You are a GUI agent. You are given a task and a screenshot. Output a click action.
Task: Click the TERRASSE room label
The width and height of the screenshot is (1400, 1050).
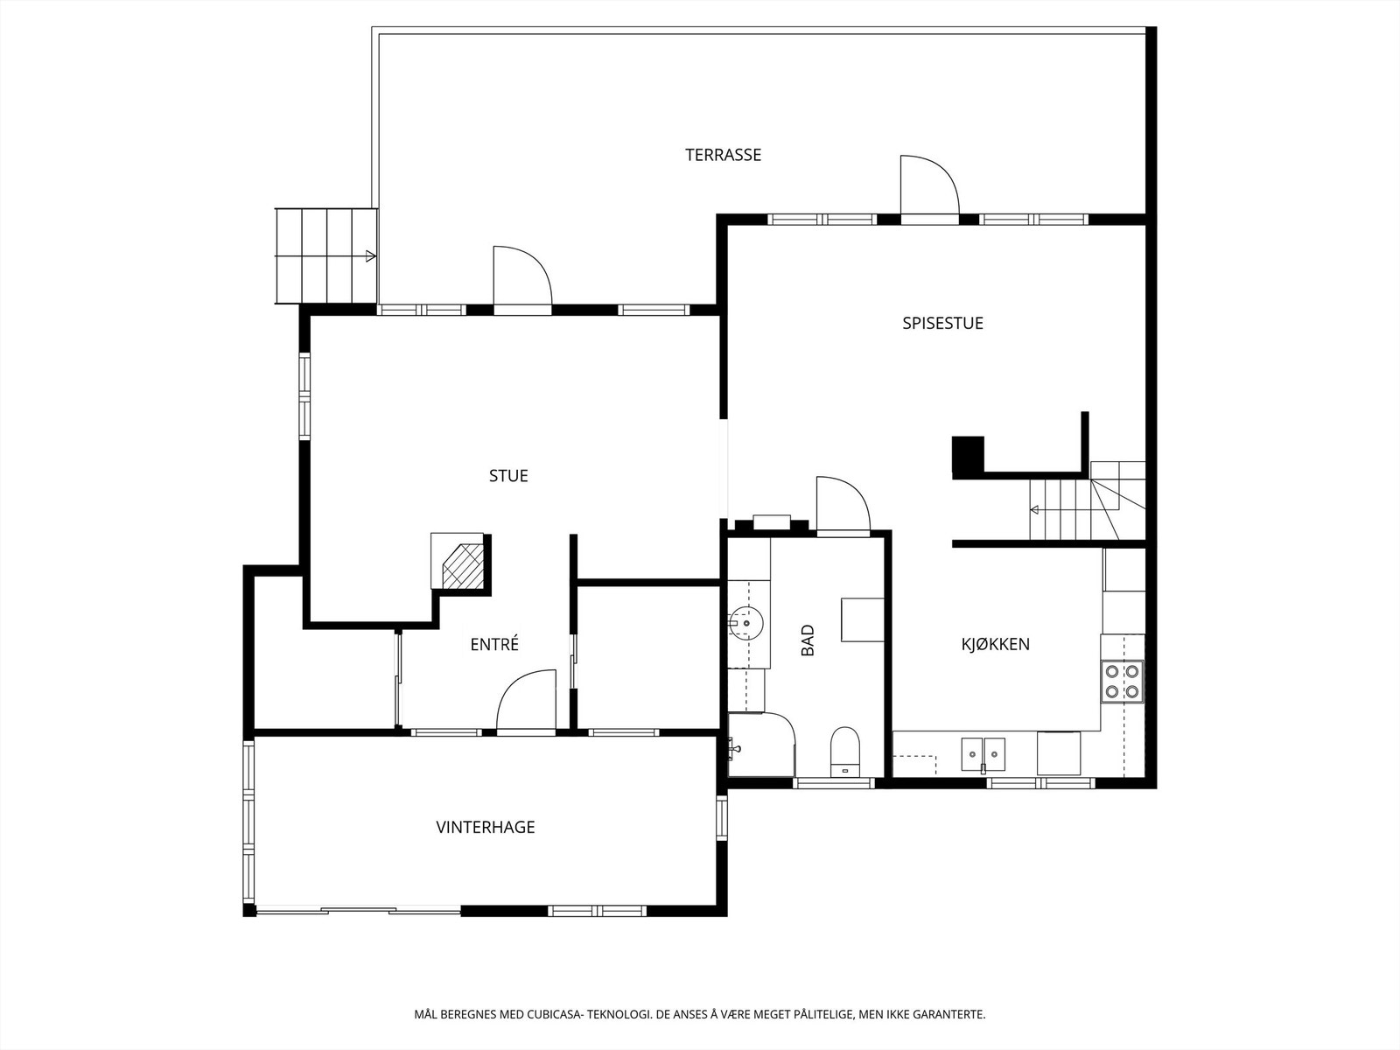click(x=724, y=155)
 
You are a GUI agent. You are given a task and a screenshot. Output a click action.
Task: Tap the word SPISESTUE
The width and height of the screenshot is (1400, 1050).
click(x=942, y=323)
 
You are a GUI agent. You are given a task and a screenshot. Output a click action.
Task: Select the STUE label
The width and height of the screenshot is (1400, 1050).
click(x=508, y=476)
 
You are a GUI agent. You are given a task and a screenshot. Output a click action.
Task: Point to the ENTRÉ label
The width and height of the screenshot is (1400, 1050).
click(x=494, y=644)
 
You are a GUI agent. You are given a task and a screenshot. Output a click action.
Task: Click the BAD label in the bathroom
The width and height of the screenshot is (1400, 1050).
click(x=808, y=640)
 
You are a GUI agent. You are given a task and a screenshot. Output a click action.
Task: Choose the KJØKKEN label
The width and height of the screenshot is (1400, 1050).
click(x=995, y=644)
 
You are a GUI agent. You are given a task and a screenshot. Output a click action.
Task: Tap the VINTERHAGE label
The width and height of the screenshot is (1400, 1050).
click(x=486, y=827)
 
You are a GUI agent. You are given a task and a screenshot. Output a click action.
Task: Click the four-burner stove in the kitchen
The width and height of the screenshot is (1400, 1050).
click(x=1123, y=681)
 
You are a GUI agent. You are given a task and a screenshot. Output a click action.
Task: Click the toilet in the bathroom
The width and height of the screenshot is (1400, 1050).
click(x=846, y=752)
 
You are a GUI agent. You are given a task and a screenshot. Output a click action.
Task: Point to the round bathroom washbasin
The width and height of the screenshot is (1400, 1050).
click(x=745, y=623)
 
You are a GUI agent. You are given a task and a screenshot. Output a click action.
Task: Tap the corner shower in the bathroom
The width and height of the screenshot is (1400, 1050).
click(x=761, y=744)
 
